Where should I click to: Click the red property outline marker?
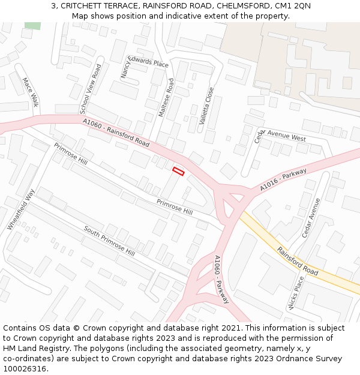[178, 171]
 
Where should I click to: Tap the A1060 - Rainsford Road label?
[116, 133]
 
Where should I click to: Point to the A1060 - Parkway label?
[221, 279]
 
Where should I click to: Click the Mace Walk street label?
[30, 92]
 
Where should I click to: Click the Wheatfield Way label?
[22, 209]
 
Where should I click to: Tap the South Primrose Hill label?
[109, 241]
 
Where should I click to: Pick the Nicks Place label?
[296, 292]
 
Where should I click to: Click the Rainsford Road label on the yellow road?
[298, 261]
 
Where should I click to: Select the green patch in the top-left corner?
[33, 25]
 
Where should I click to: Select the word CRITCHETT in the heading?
[82, 6]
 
